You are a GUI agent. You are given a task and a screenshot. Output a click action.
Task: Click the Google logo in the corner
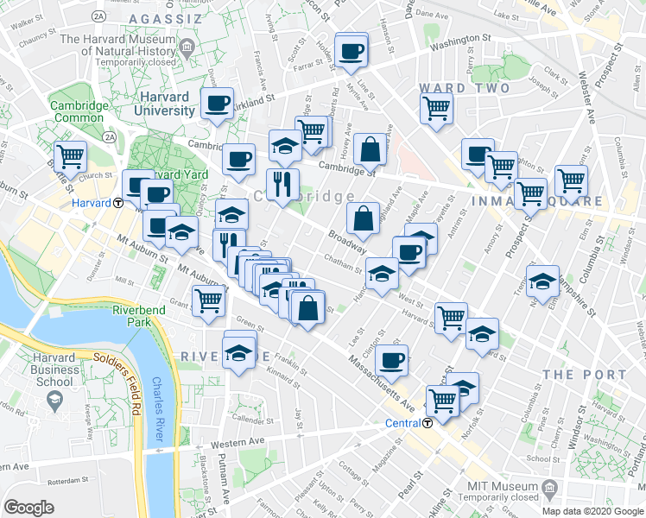[x=28, y=508]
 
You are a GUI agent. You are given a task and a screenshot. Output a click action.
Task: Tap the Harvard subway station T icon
[x=117, y=203]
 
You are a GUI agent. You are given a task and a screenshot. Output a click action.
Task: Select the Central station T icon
[x=427, y=423]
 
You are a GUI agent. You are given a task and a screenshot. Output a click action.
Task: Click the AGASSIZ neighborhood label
[x=165, y=18]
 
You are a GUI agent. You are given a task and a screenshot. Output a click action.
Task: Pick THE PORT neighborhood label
[x=585, y=375]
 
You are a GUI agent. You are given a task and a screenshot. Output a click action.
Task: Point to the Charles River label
[x=159, y=407]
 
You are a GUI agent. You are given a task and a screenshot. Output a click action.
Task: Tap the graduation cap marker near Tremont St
[x=543, y=281]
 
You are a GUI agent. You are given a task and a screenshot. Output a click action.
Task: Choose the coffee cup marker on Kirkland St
[x=217, y=104]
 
